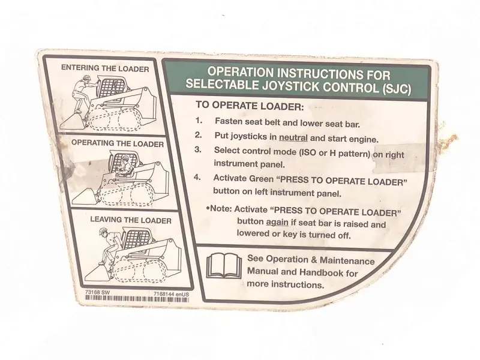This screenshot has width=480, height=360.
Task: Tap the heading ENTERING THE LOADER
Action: point(105,68)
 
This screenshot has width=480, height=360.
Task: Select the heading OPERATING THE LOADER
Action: point(118,143)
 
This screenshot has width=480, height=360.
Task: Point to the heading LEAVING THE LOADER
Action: point(131,220)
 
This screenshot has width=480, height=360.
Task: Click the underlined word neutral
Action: point(293,137)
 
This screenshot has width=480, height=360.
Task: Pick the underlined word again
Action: point(277,222)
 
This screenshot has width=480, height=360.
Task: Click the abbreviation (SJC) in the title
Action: point(397,89)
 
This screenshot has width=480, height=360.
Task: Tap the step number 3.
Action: point(198,149)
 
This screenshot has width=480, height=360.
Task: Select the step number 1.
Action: point(199,121)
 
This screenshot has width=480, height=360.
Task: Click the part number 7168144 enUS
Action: point(171,294)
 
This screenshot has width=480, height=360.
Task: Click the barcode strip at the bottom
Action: point(137,299)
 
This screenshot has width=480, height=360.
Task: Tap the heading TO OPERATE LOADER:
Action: point(250,106)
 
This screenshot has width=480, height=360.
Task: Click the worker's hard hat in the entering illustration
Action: point(87,77)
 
